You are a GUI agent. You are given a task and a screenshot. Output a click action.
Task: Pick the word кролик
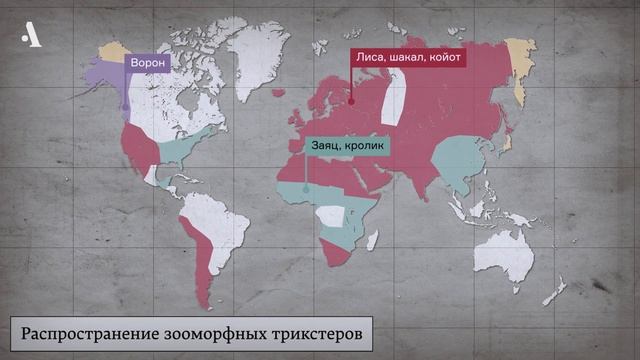[x=367, y=145]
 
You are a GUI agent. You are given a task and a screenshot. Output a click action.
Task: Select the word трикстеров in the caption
[x=309, y=330]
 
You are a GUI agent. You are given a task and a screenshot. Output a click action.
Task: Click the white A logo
[x=32, y=37]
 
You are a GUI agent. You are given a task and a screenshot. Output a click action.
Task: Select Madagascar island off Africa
[x=372, y=240]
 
